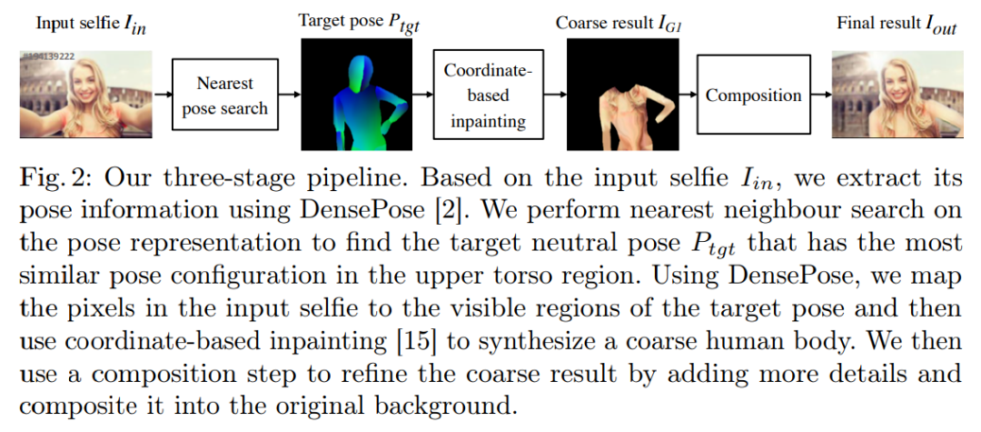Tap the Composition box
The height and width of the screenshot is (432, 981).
[753, 95]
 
